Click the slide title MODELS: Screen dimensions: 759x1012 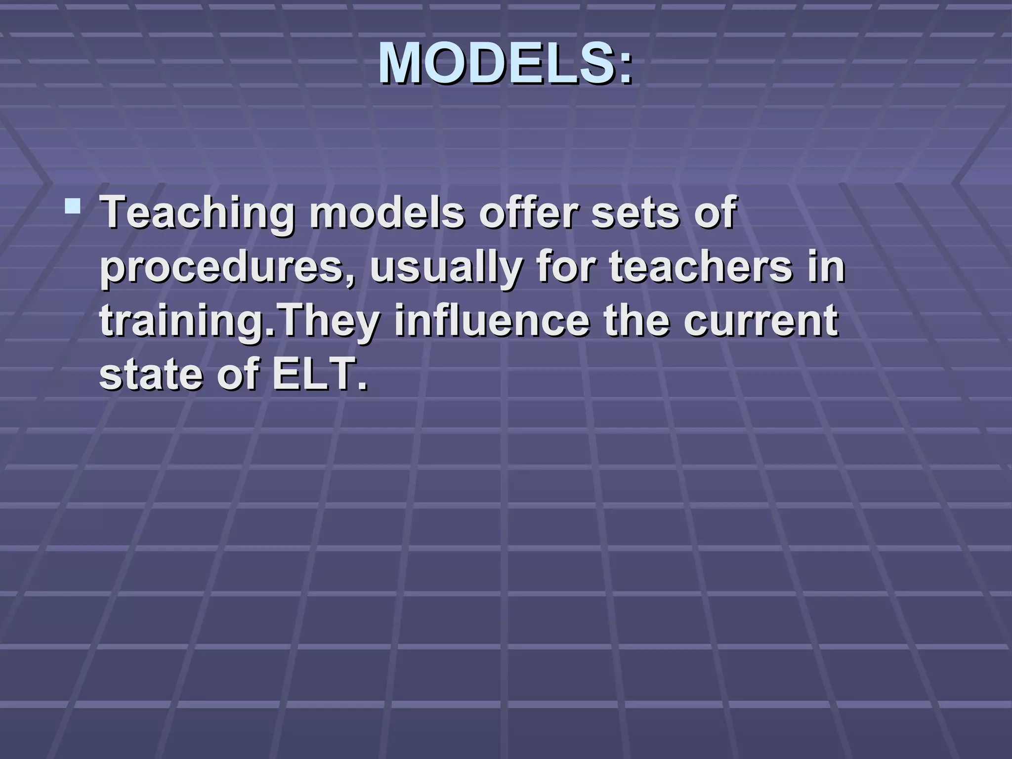pos(505,63)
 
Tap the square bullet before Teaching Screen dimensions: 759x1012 pos(73,206)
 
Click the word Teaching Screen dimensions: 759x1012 pos(197,213)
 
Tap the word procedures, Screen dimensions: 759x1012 pos(227,268)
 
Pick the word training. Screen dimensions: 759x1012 pos(183,321)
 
